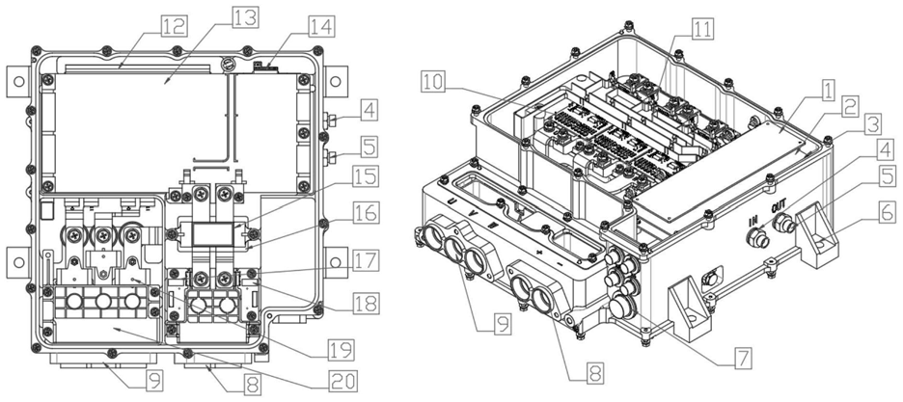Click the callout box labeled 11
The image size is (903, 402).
pyautogui.click(x=704, y=28)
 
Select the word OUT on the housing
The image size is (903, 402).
pyautogui.click(x=780, y=207)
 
